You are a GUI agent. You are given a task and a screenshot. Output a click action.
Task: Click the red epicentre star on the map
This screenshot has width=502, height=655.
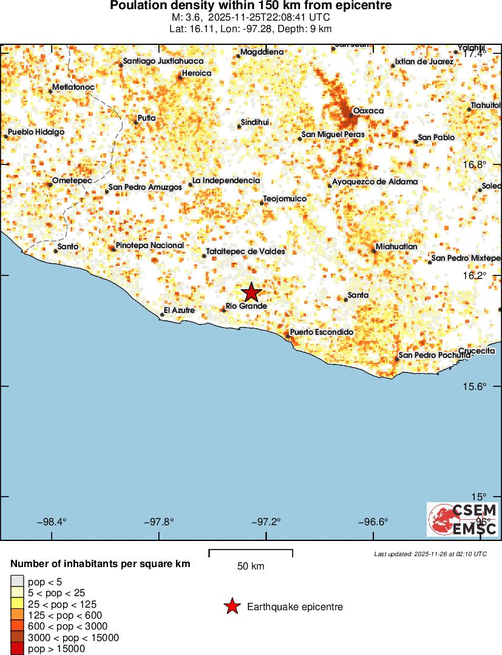[x=251, y=292]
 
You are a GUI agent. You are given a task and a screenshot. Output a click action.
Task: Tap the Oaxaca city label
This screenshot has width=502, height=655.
[x=368, y=111]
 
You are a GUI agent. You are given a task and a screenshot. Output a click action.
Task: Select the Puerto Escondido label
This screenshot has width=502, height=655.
[x=322, y=332]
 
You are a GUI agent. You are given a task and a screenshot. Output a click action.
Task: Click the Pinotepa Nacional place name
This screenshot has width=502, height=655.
[x=149, y=246]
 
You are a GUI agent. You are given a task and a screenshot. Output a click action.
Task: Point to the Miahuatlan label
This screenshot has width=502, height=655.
[x=396, y=247]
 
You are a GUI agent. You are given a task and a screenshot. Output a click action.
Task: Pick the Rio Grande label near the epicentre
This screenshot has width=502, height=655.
[x=246, y=307]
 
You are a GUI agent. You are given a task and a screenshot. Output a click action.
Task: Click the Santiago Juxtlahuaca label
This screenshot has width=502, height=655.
[x=163, y=61]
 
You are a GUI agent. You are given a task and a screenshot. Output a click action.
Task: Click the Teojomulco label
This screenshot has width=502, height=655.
[x=285, y=199]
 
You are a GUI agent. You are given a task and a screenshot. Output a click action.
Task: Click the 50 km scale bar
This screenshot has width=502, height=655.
[x=251, y=553]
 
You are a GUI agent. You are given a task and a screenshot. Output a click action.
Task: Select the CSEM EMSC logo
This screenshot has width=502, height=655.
[x=463, y=519]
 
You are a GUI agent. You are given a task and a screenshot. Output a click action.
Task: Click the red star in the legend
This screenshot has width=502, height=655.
[x=231, y=606]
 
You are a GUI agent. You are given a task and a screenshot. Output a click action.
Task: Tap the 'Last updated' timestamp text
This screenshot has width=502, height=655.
[x=430, y=554]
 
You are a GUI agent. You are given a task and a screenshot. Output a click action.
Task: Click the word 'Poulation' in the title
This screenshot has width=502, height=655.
[x=137, y=5]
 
